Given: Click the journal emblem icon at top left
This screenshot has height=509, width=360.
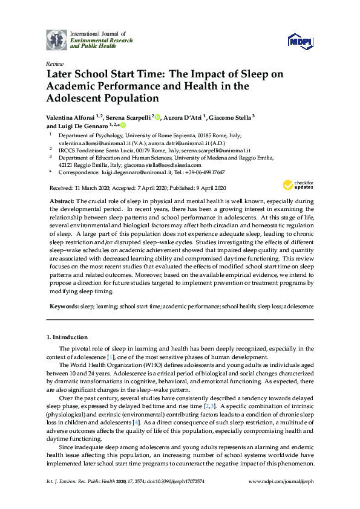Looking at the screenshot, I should tap(57, 39).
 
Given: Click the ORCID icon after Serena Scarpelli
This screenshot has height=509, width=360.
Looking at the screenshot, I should tap(157, 117).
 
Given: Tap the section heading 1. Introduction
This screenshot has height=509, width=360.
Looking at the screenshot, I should tap(67, 337).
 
